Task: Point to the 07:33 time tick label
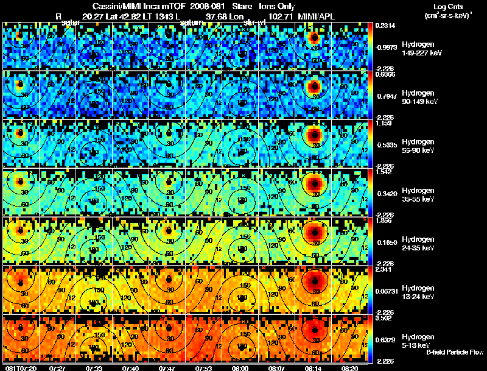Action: coord(94,367)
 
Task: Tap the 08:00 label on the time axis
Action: coord(242,367)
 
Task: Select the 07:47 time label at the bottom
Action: coord(168,367)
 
